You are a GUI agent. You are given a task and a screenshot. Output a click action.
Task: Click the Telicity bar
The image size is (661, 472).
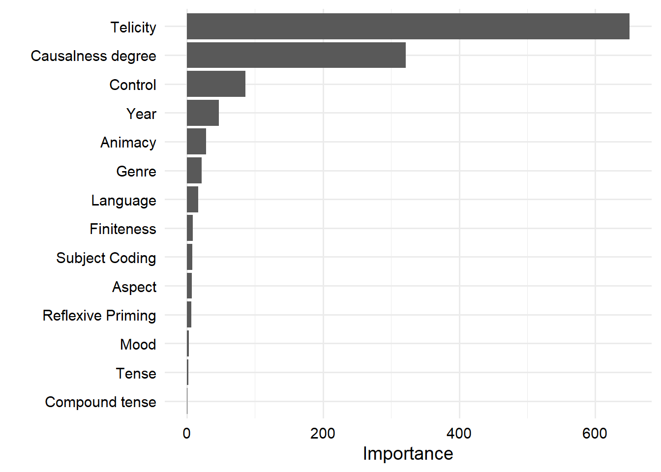click(x=408, y=27)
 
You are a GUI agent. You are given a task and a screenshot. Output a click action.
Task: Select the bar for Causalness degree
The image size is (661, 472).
click(x=296, y=55)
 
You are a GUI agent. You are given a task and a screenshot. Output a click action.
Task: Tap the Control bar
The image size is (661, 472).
click(x=216, y=84)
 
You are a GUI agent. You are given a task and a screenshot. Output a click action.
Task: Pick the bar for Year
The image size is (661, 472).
click(x=203, y=113)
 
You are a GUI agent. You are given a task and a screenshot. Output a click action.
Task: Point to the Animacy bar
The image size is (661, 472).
click(x=196, y=142)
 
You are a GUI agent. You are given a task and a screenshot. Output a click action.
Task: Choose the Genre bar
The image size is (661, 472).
click(x=194, y=171)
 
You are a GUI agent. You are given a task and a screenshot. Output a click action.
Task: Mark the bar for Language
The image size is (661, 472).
click(x=192, y=200)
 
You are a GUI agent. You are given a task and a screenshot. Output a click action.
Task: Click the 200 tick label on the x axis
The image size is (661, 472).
click(x=323, y=433)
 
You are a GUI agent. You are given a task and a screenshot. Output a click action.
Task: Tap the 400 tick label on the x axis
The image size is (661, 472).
click(x=459, y=433)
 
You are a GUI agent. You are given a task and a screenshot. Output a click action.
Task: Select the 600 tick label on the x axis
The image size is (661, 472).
click(x=595, y=433)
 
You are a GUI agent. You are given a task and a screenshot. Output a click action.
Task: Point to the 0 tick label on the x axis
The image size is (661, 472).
click(x=187, y=433)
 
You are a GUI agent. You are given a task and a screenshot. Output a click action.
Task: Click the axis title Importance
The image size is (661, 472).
click(x=408, y=453)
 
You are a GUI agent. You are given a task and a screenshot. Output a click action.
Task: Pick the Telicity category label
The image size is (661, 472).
click(x=133, y=28)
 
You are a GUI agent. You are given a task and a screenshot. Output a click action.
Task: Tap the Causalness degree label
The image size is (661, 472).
click(x=93, y=56)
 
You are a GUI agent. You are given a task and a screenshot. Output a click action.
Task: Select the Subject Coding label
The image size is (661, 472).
click(x=106, y=258)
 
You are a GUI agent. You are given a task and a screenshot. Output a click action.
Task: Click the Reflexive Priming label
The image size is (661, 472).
click(x=99, y=316)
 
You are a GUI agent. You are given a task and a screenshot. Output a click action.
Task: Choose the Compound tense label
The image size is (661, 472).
click(x=100, y=402)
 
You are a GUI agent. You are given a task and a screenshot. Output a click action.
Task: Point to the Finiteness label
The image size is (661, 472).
click(x=123, y=229)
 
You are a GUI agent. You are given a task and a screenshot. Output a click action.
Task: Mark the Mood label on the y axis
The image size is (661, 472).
click(x=138, y=345)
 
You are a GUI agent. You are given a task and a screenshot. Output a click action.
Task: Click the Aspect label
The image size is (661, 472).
click(x=134, y=287)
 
